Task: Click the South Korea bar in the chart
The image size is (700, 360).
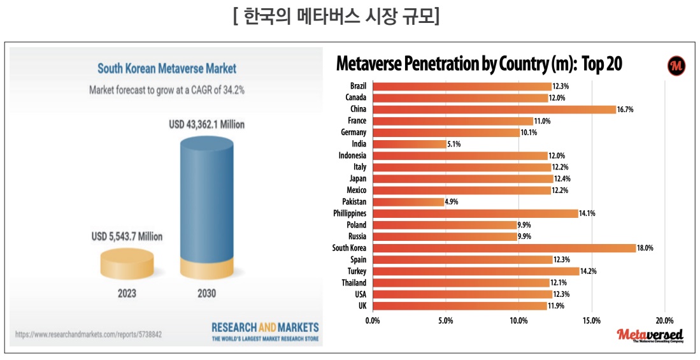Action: point(503,248)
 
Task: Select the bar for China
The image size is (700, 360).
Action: point(494,110)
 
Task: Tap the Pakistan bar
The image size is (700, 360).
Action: point(408,202)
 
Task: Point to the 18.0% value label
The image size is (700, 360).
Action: point(645,248)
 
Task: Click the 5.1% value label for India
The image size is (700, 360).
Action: point(454,145)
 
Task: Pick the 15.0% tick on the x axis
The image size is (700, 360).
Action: point(592,320)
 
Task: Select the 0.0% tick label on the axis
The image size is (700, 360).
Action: point(373,320)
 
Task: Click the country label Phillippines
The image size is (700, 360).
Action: point(350,213)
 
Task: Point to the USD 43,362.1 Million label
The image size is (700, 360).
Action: point(206,124)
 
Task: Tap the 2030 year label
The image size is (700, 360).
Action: point(206,294)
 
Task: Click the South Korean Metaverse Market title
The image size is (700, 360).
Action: point(166,68)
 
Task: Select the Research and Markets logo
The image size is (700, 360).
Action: point(265,331)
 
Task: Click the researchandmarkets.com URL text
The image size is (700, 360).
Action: point(88,334)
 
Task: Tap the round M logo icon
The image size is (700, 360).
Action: point(676,65)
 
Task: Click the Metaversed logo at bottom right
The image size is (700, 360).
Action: point(650,336)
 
